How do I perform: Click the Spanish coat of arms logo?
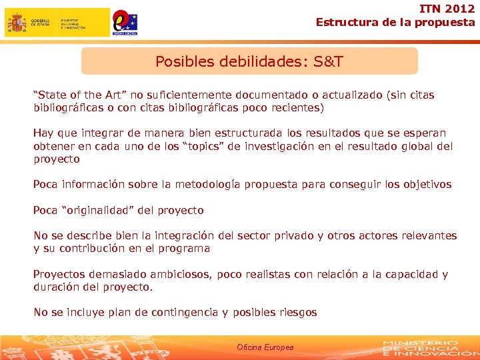pos(17,22)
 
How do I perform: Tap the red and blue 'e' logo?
pos(124,21)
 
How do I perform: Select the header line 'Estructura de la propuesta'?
pos(395,22)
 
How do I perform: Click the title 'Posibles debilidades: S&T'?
pos(249,62)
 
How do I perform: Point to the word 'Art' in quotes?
pos(108,95)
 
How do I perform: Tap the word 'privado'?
pos(276,235)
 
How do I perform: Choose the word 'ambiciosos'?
pos(169,274)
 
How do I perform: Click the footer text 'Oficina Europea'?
pos(265,347)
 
